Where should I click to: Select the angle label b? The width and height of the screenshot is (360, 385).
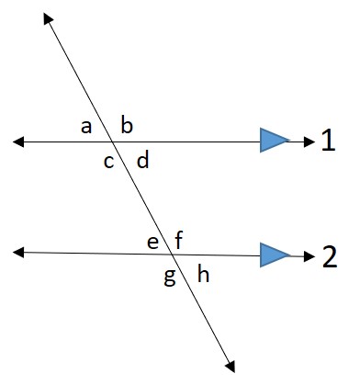(x=127, y=125)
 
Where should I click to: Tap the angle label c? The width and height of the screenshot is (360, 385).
(x=108, y=163)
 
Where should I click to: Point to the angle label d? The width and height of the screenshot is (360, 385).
(x=142, y=163)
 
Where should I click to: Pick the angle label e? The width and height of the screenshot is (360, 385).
(x=152, y=242)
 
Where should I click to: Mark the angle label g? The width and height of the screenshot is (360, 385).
(x=169, y=277)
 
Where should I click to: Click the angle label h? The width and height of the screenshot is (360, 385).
(x=203, y=275)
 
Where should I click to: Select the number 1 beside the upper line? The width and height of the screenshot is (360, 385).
(x=329, y=141)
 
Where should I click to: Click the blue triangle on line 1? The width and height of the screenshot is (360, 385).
(x=273, y=141)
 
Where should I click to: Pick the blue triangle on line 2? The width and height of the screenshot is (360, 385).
(x=273, y=255)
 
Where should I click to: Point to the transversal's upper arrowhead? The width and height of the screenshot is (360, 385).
(x=49, y=20)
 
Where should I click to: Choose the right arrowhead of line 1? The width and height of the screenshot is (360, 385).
(x=305, y=141)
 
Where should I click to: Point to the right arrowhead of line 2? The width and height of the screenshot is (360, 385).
(x=305, y=255)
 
